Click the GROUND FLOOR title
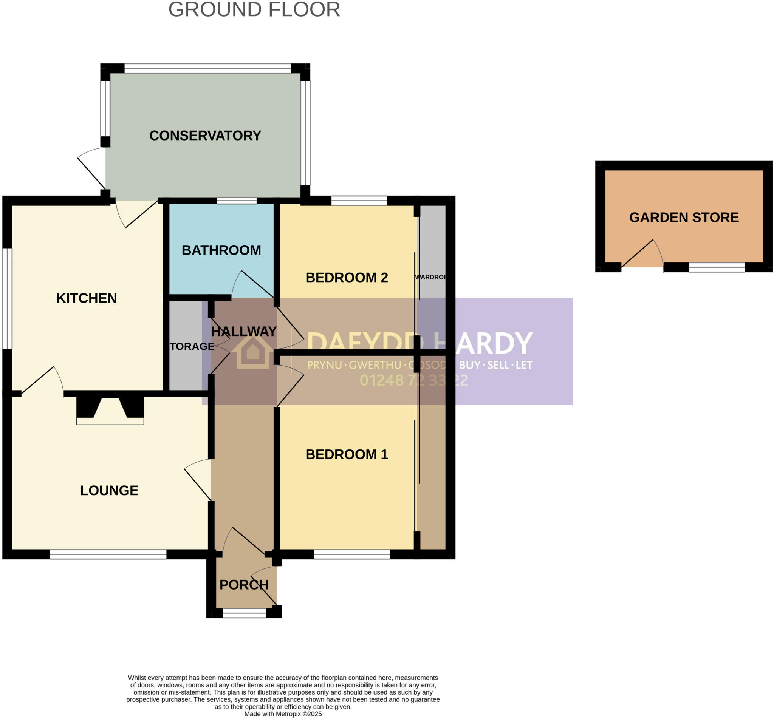point(254,10)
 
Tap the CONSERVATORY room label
point(205,136)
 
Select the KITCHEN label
point(86,298)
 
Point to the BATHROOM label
point(221,250)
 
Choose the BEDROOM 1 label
point(347,454)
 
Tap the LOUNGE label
point(109,490)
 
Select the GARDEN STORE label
point(683,217)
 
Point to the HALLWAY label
point(244,331)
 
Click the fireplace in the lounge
point(110,411)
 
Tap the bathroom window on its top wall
point(236,201)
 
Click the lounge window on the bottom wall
point(108,554)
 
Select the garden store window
point(717,267)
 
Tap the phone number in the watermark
point(413,380)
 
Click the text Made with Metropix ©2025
point(283,714)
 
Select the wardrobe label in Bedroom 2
point(430,277)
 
